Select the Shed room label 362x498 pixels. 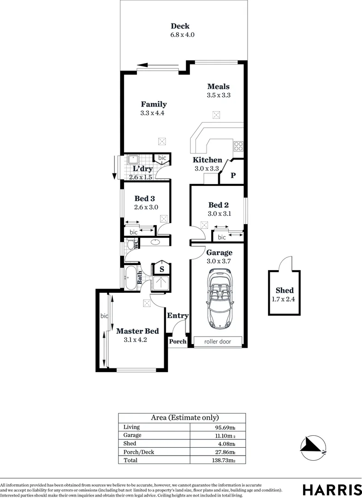coord(285,290)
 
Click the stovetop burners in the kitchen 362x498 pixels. coord(238,147)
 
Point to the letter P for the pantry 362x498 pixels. coord(233,176)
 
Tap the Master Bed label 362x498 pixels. coord(137,331)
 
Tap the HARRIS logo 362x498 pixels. coord(332,489)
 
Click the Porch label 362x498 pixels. coord(178,342)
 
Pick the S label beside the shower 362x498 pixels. coord(162,269)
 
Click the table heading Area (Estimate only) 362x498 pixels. coord(182,418)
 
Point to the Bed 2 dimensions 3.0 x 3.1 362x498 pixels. coord(219,213)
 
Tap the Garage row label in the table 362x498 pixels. coord(132,435)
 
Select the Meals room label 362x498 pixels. coord(218,86)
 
